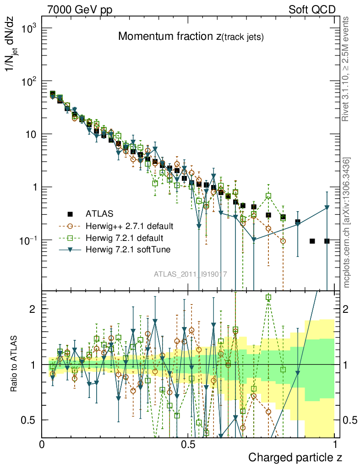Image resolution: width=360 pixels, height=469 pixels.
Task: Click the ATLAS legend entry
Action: pos(98,213)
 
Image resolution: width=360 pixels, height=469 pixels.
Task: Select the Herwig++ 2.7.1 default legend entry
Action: pos(129,226)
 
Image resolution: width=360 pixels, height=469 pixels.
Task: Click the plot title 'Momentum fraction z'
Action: pos(191,37)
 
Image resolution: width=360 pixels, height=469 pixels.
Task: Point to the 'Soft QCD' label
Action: pos(312,10)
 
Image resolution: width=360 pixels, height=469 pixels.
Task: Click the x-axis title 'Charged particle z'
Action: pos(295,457)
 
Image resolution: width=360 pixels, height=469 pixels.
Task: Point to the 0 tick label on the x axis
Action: pos(42,444)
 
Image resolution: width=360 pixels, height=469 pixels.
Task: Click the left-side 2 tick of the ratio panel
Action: pos(32,309)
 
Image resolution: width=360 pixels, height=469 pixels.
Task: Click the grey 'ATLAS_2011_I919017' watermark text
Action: pos(190,274)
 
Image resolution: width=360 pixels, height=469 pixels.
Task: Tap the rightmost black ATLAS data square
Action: pos(327,241)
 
